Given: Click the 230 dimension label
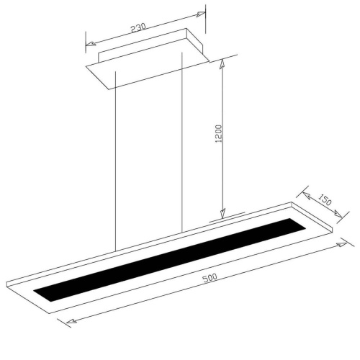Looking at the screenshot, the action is (x=138, y=27).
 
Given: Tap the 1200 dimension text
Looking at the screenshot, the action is (x=220, y=133).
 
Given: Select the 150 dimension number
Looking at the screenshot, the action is (x=325, y=199).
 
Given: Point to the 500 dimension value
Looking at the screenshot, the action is (x=210, y=278).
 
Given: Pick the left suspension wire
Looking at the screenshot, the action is (x=116, y=161).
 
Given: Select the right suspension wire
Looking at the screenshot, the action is (x=182, y=143).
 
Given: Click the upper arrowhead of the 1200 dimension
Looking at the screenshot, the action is (x=222, y=64).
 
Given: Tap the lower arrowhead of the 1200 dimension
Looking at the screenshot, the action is (x=222, y=214).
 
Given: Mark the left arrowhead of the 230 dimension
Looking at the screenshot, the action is (x=91, y=43).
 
